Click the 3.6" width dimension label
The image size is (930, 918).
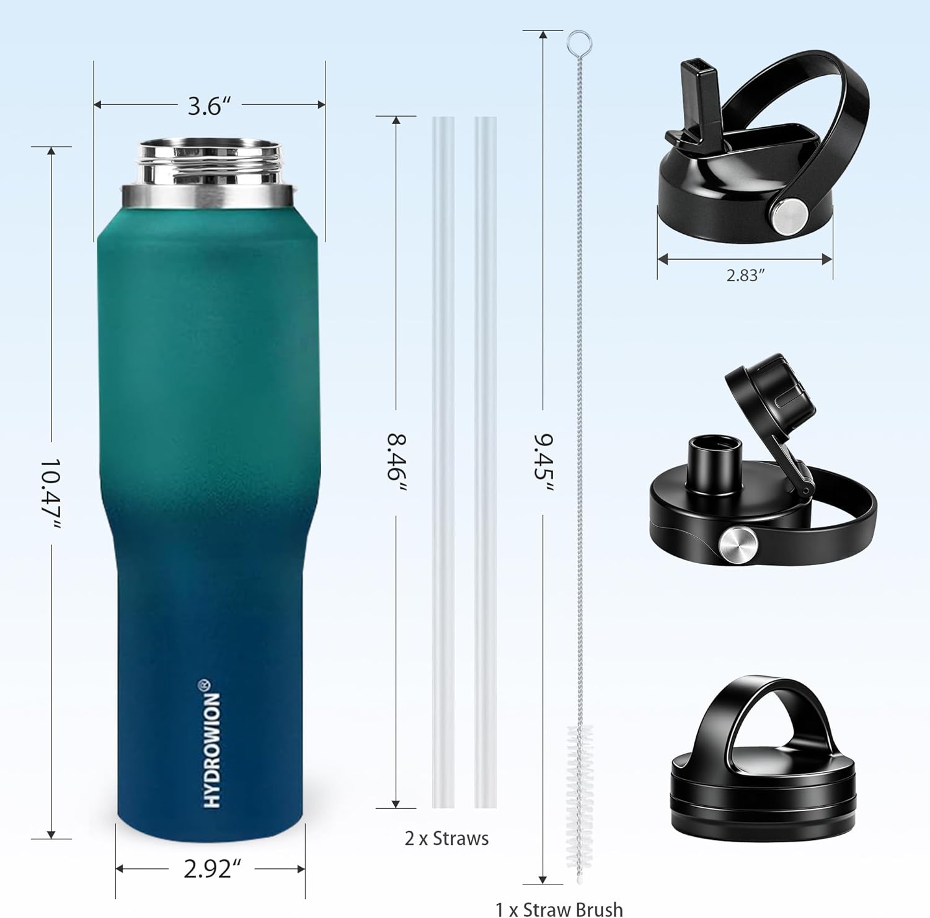[x=205, y=106]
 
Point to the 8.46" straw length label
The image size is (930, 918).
[x=397, y=463]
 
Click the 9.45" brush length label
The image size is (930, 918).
[x=544, y=461]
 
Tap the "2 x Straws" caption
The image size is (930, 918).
[x=446, y=838]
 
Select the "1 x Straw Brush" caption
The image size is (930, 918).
[x=559, y=909]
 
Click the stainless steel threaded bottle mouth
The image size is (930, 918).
[x=208, y=173]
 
